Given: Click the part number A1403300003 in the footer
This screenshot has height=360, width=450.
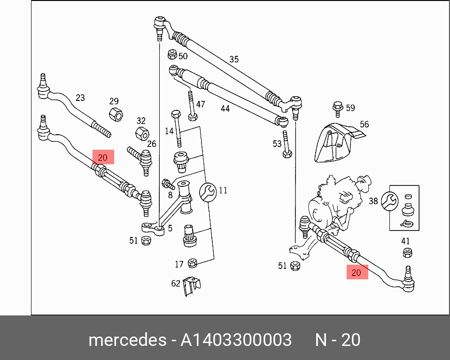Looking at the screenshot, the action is (x=236, y=340).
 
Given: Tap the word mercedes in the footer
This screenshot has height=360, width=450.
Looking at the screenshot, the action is (x=127, y=340).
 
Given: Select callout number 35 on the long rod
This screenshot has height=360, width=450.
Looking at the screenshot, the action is (x=234, y=60).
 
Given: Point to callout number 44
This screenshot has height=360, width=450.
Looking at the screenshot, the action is (x=225, y=108).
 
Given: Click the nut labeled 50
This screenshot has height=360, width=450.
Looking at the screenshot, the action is (x=172, y=54).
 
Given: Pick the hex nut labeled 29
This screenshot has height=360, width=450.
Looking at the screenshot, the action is (x=116, y=114).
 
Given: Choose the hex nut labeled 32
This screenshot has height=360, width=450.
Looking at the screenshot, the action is (x=142, y=133).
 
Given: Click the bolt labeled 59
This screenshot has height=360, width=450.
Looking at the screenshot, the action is (x=338, y=109).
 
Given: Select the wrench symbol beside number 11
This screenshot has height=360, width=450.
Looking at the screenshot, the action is (x=208, y=192).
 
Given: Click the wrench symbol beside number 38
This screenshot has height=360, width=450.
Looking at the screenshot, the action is (x=389, y=201).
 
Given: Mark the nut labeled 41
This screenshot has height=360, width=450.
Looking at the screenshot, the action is (x=408, y=253).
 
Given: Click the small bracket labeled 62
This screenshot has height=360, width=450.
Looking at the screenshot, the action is (x=192, y=286).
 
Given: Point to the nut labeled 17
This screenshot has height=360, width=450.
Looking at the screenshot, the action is (x=192, y=263).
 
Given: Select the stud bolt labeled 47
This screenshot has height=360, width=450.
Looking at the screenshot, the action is (x=192, y=106).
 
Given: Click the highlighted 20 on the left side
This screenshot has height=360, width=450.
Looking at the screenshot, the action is (x=103, y=157).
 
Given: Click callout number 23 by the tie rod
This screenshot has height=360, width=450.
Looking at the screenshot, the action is (x=80, y=98).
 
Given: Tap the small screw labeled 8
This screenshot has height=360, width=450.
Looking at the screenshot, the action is (x=169, y=184).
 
